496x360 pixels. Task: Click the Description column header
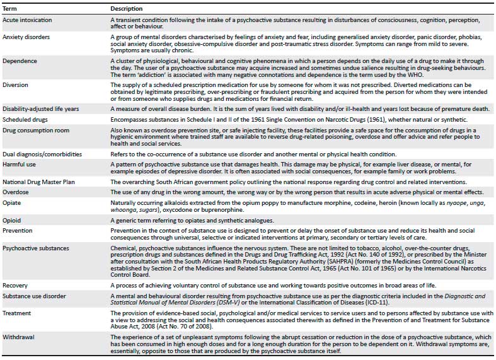coord(127,9)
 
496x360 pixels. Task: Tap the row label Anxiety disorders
coord(22,37)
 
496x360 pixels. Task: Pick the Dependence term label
coord(18,61)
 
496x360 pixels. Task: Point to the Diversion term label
coord(15,84)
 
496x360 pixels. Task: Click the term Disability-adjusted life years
coord(40,108)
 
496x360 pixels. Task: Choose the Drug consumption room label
coord(33,131)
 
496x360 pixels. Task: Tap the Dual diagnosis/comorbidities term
coord(41,154)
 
